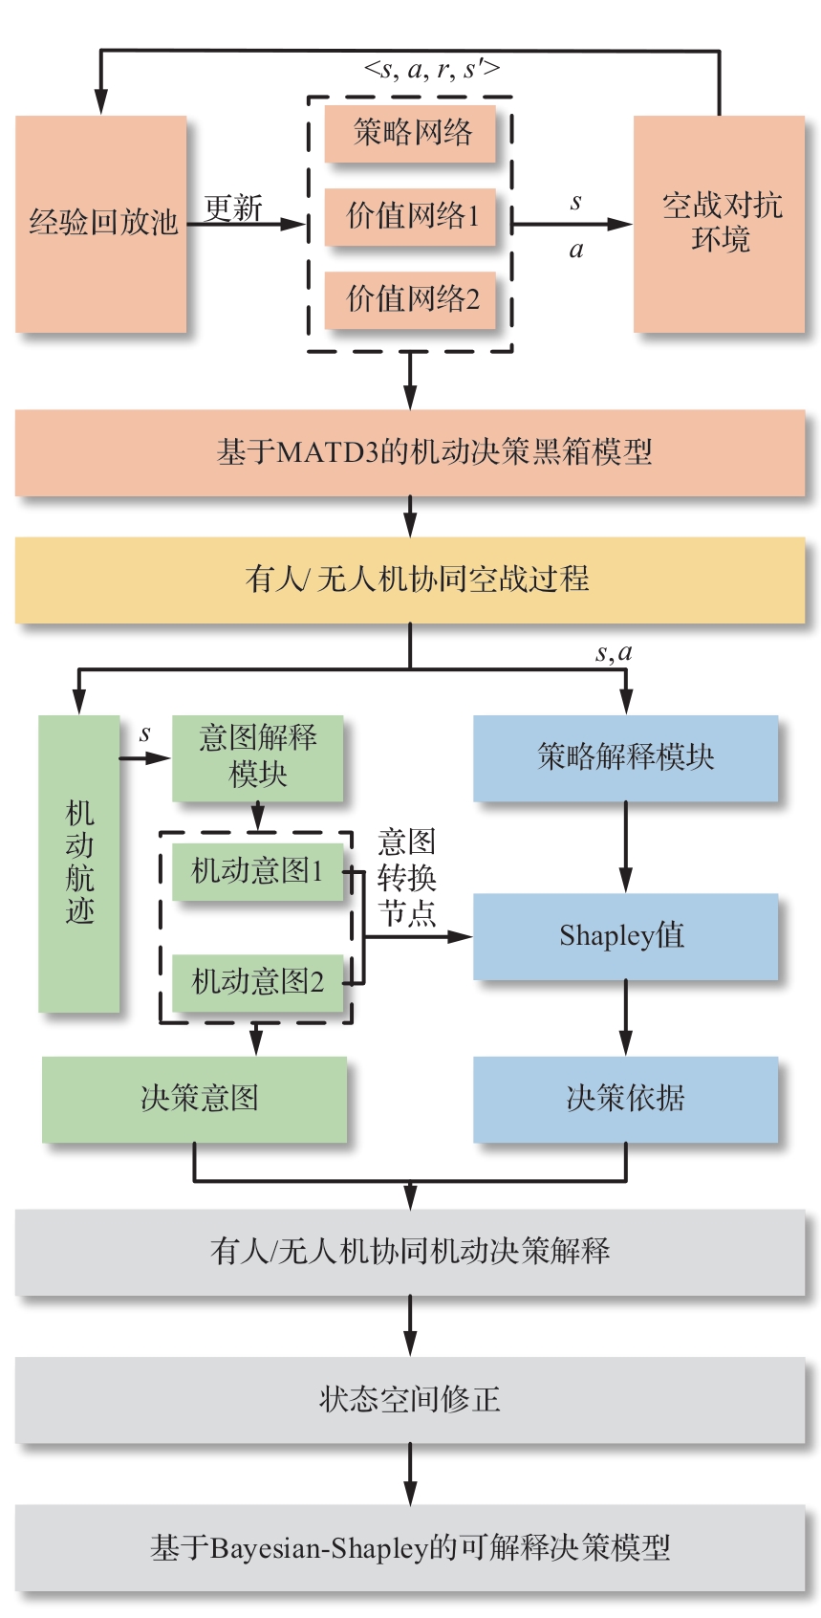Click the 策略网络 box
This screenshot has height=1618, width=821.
411,132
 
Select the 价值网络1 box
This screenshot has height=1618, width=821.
411,216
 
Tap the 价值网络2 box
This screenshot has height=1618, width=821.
411,299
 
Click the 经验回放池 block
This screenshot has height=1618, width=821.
101,224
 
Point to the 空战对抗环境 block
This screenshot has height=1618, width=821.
720,224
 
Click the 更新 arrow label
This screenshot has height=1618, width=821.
233,208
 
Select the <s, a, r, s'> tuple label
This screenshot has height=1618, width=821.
432,69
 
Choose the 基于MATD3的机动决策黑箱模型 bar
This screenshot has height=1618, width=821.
410,452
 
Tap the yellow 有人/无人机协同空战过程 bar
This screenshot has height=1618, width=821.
410,579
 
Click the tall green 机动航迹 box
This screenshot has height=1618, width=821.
79,864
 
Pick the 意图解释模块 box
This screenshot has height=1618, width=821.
257,757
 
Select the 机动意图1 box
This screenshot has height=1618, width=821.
257,871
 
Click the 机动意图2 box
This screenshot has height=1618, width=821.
257,982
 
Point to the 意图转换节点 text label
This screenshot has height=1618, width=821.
406,878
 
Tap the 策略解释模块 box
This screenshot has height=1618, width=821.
625,758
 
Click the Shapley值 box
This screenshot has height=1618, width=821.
625,936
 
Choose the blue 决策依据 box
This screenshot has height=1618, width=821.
625,1099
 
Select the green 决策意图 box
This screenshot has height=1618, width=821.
195,1099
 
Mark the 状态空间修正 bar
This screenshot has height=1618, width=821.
410,1399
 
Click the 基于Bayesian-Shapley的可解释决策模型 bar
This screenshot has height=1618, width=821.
410,1547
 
